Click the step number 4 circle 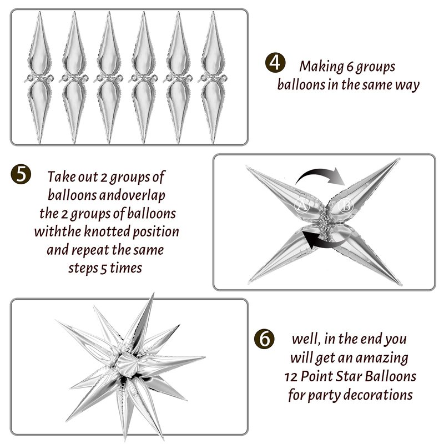click(x=275, y=63)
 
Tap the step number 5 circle click(x=21, y=174)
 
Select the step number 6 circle click(x=264, y=339)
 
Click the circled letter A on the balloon click(x=302, y=205)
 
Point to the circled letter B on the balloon click(x=346, y=205)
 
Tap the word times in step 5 click(x=126, y=268)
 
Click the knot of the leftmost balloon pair click(x=39, y=78)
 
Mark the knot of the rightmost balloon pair click(x=213, y=78)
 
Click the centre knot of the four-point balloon click(x=325, y=221)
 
